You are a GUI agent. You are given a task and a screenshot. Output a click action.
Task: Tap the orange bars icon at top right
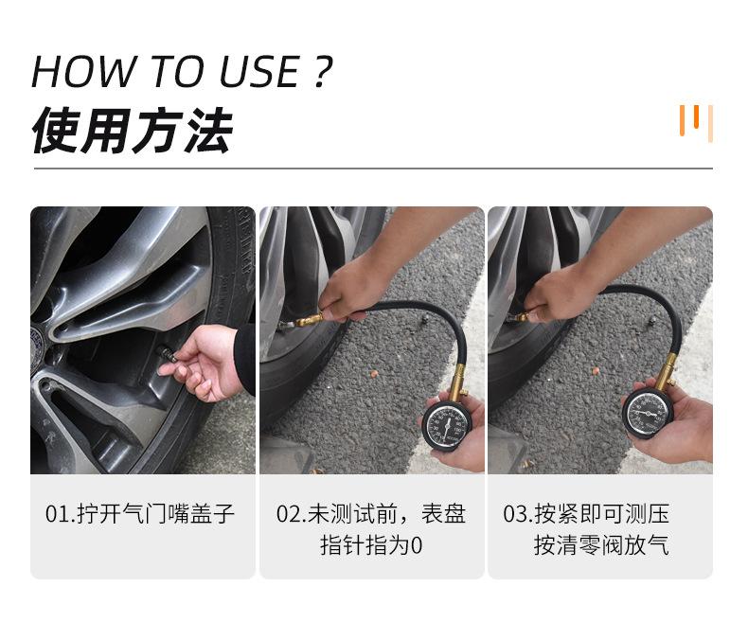[696, 122]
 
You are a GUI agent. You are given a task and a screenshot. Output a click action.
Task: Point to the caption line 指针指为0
[370, 546]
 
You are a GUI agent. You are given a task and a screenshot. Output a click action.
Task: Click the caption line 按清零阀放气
[600, 546]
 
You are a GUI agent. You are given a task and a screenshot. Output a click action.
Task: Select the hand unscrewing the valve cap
[204, 362]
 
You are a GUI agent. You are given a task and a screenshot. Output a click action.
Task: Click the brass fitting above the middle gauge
[456, 382]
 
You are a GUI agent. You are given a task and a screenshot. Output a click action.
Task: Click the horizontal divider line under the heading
[373, 169]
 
